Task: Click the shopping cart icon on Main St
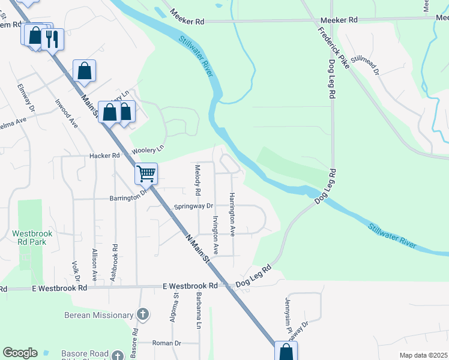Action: tap(146, 174)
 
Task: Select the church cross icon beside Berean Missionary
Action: tap(142, 314)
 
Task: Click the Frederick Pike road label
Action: tap(334, 47)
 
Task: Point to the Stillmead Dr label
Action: tap(366, 65)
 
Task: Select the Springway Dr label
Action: tap(194, 206)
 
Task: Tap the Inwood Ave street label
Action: tap(66, 113)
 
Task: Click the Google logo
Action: tap(20, 353)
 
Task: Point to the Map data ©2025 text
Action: tap(423, 355)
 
